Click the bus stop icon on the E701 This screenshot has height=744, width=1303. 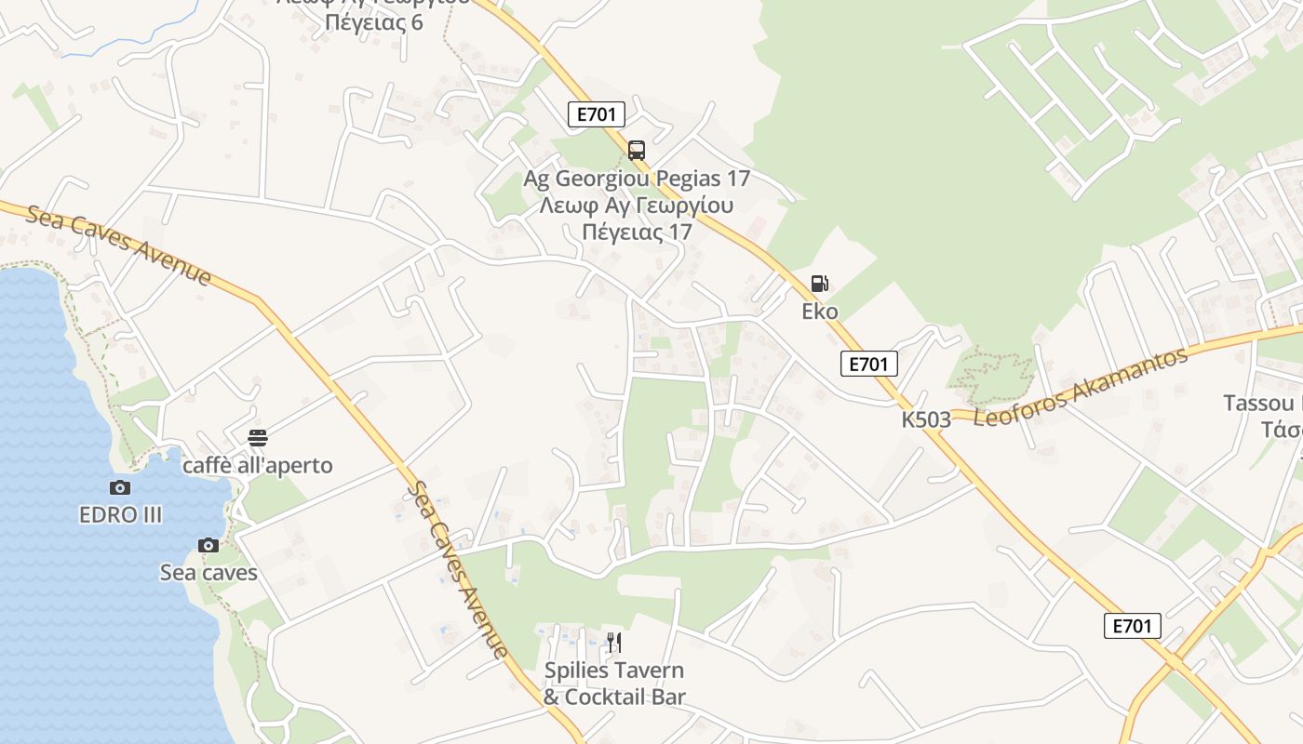(637, 149)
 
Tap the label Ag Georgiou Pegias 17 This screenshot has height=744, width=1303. (637, 178)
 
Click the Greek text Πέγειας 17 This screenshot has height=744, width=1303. (637, 232)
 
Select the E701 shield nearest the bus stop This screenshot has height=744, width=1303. (597, 114)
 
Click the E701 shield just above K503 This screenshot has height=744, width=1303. (869, 364)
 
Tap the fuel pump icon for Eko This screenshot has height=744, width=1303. (819, 284)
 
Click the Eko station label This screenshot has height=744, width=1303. (820, 312)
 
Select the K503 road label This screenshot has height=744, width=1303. (926, 419)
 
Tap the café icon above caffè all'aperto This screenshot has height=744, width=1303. (258, 438)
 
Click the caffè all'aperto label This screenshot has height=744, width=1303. (258, 465)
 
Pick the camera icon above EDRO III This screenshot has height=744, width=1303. (120, 487)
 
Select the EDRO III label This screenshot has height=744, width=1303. (121, 514)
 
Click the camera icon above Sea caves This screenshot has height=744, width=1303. (208, 545)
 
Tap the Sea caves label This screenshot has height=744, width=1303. (208, 572)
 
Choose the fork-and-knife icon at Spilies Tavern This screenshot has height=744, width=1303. (613, 642)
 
